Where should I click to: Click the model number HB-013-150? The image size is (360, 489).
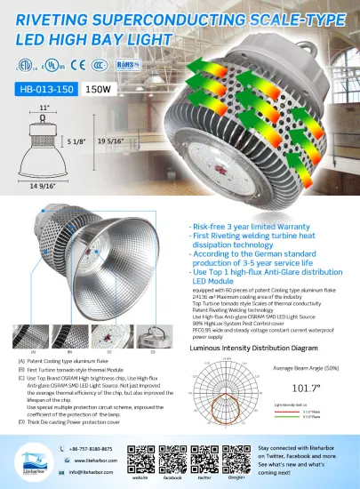pyautogui.click(x=45, y=88)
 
